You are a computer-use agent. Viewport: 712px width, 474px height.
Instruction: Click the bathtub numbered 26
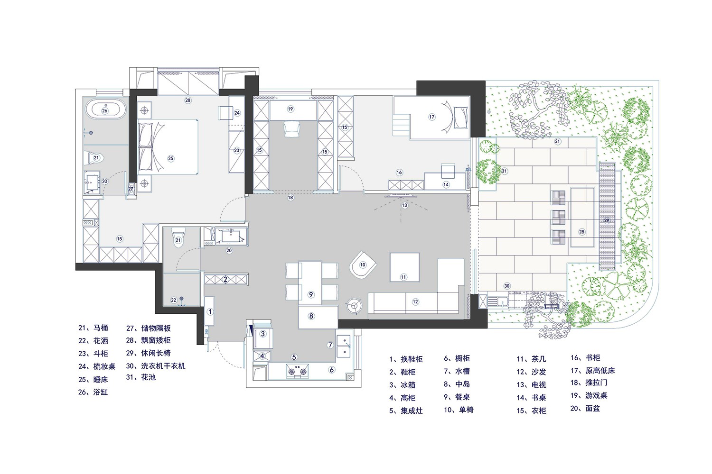[105, 110]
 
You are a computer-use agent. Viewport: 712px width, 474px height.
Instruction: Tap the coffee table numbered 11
[404, 267]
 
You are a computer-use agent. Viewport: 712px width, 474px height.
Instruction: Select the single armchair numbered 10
[363, 265]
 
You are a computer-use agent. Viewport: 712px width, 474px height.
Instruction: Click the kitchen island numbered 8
[318, 317]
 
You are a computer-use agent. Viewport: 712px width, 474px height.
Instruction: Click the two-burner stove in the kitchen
[298, 371]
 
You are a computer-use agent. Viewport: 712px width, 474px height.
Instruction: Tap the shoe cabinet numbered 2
[225, 280]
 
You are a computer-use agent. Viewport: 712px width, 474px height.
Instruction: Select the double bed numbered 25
[168, 146]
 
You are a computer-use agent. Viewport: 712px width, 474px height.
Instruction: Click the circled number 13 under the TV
[404, 205]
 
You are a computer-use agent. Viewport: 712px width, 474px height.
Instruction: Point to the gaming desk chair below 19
[292, 128]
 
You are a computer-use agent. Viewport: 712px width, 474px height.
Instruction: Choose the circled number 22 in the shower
[174, 300]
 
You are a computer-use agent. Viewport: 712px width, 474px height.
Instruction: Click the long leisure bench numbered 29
[607, 216]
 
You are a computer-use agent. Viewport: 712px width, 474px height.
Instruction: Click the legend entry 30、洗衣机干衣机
[155, 366]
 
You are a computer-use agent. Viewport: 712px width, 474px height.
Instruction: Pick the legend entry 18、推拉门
[589, 383]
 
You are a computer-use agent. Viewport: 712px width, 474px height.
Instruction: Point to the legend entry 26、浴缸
[93, 392]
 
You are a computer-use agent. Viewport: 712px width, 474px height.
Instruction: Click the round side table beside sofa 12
[354, 306]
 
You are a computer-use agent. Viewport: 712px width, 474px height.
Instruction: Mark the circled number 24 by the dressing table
[237, 113]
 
